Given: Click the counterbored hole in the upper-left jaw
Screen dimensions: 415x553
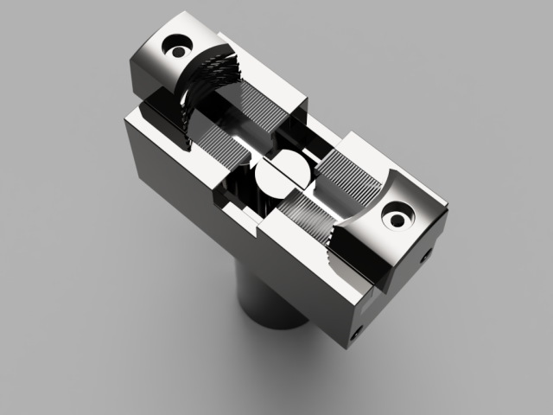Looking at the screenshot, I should tap(180, 42).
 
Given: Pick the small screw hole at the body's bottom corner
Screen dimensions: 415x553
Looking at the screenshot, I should tap(358, 331).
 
